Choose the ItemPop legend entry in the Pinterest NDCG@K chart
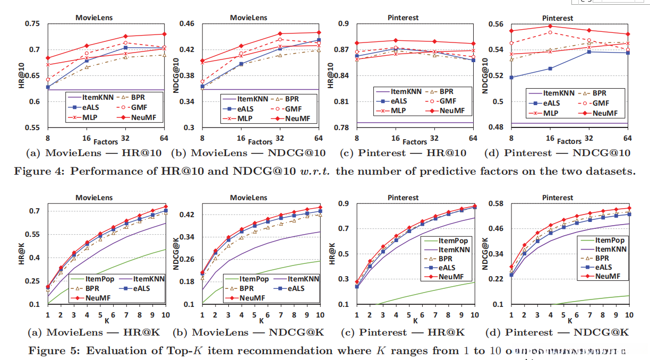click(x=609, y=241)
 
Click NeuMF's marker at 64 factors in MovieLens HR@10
click(x=164, y=34)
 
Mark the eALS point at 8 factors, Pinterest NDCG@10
click(x=511, y=78)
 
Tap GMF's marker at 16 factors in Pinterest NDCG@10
click(x=550, y=32)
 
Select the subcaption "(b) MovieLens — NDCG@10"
click(x=248, y=153)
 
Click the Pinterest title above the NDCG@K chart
click(x=557, y=198)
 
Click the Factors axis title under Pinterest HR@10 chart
click(x=414, y=142)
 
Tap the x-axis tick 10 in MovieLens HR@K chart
click(x=165, y=315)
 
